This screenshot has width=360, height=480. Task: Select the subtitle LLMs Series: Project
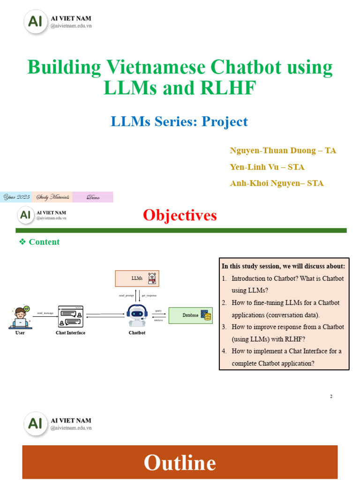(x=179, y=121)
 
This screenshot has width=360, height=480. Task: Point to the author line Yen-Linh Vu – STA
(x=267, y=167)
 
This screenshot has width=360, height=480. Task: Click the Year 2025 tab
(x=16, y=197)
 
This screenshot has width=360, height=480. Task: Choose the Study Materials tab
(x=52, y=197)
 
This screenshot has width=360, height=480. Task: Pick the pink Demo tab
(x=93, y=197)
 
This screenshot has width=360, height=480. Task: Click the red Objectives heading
(x=180, y=215)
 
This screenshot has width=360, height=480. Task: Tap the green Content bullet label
(x=44, y=242)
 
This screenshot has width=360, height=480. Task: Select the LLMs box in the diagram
(x=137, y=278)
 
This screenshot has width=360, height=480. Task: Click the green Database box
(x=190, y=315)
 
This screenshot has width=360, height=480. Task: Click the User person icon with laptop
(x=21, y=317)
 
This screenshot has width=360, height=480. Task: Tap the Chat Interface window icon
(x=70, y=317)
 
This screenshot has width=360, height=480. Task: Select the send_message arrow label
(x=45, y=312)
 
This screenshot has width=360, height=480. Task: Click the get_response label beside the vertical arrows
(x=149, y=296)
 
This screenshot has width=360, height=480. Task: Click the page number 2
(x=331, y=397)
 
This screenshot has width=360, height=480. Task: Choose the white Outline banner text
(x=180, y=463)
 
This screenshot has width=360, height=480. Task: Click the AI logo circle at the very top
(x=36, y=22)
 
